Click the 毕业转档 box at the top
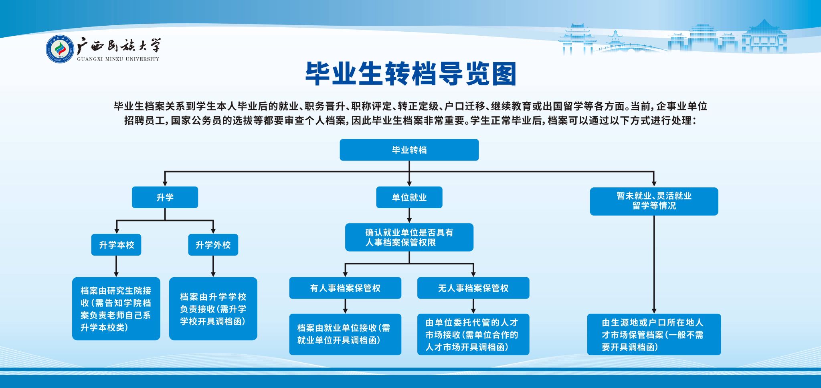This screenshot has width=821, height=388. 409,150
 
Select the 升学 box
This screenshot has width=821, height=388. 165,197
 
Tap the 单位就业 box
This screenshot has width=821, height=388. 409,197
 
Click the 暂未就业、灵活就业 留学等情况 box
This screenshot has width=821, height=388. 654,201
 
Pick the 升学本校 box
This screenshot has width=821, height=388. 116,245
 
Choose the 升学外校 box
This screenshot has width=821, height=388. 213,245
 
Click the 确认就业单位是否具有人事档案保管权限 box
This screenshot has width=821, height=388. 409,237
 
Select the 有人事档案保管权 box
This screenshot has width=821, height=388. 345,288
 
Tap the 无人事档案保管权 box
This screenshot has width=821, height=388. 473,288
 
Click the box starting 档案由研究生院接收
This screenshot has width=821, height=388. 116,309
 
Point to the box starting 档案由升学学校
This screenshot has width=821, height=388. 213,309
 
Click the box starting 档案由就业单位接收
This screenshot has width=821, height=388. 345,334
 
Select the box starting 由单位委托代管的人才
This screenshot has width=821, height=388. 473,334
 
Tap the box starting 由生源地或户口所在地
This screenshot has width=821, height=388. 654,334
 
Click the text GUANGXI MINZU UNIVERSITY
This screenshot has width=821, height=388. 118,59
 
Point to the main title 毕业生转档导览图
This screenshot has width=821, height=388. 410,74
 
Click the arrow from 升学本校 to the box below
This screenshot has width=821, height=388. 116,266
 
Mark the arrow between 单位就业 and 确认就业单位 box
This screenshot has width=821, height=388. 409,215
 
